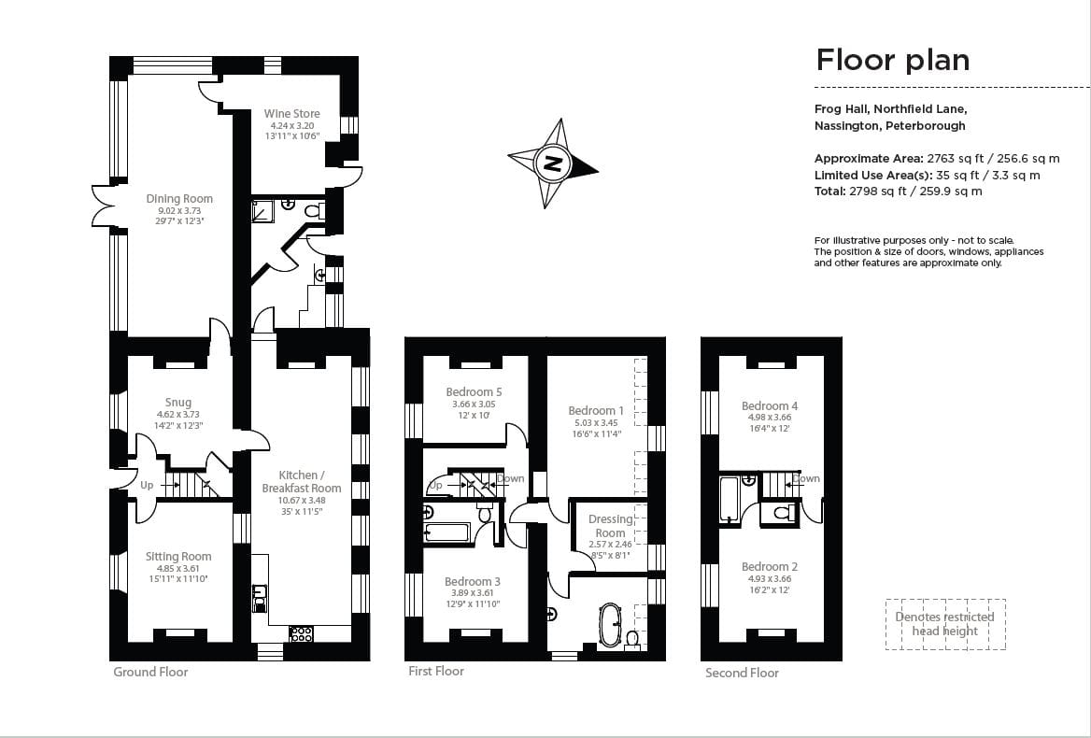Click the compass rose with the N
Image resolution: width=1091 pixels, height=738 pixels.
(x=553, y=163)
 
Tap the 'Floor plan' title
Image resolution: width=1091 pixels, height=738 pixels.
(x=892, y=60)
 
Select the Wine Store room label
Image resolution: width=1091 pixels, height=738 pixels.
(x=291, y=115)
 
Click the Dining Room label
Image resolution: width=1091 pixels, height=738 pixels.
(x=178, y=199)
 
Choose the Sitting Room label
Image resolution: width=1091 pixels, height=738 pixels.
(x=177, y=557)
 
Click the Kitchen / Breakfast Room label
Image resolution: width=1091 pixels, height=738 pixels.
(x=301, y=482)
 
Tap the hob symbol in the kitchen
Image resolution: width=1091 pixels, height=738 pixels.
(x=301, y=633)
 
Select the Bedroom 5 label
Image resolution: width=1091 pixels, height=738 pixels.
(x=474, y=392)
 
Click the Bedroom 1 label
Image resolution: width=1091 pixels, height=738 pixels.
(x=596, y=411)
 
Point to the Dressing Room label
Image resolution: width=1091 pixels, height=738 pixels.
(x=610, y=526)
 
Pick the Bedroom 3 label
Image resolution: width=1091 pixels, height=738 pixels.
(x=473, y=582)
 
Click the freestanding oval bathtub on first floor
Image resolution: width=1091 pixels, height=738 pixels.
(x=609, y=624)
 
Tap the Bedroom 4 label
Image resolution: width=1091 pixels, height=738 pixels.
(x=770, y=406)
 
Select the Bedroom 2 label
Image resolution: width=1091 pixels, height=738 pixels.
(x=770, y=567)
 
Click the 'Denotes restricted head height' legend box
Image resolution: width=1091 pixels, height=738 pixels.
(x=944, y=624)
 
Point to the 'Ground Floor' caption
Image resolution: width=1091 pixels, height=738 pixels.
(x=150, y=672)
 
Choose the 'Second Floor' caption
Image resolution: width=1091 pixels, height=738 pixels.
(x=742, y=673)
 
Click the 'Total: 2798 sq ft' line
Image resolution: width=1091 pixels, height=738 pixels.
(x=898, y=192)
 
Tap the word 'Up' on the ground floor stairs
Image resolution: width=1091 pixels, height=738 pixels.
(x=147, y=486)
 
